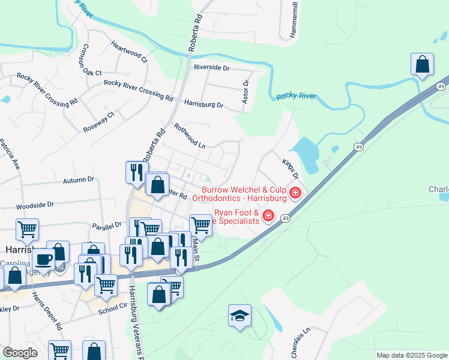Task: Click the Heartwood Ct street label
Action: coord(128,52)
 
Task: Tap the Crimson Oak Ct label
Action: coord(93,60)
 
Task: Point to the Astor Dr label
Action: coord(245,92)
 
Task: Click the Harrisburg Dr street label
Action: coord(203,104)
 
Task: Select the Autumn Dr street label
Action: coord(79,179)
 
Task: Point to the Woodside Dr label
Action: coord(35,205)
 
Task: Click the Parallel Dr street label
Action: coord(107,226)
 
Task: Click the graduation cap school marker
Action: coord(240,316)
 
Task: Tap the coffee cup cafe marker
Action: coord(43,259)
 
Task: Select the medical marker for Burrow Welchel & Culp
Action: coord(295,193)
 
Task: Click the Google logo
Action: coord(20,353)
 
